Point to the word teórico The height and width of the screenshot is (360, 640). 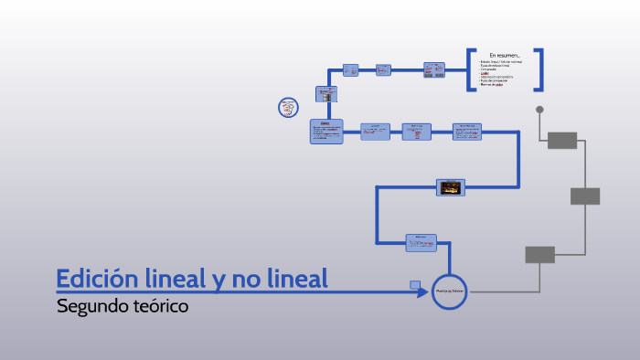pyautogui.click(x=159, y=306)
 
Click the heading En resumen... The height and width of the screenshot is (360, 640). pyautogui.click(x=505, y=55)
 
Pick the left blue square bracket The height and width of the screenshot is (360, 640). pyautogui.click(x=471, y=69)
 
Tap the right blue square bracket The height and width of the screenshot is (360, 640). pyautogui.click(x=540, y=69)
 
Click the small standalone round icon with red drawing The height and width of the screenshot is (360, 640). pyautogui.click(x=289, y=108)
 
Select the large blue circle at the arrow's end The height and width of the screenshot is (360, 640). pyautogui.click(x=450, y=291)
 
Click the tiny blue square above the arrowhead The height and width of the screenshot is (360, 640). pyautogui.click(x=416, y=285)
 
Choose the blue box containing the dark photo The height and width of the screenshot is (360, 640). pyautogui.click(x=450, y=187)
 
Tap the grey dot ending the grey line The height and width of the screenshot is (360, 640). pyautogui.click(x=539, y=110)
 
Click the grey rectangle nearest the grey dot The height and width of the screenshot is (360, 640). pyautogui.click(x=561, y=140)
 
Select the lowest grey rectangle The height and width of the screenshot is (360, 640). pyautogui.click(x=539, y=255)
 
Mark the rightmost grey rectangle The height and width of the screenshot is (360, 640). pyautogui.click(x=585, y=196)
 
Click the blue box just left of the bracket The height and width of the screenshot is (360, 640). pyautogui.click(x=434, y=69)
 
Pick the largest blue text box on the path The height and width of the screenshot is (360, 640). pyautogui.click(x=326, y=132)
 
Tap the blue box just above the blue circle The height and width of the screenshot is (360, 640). pyautogui.click(x=421, y=242)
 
